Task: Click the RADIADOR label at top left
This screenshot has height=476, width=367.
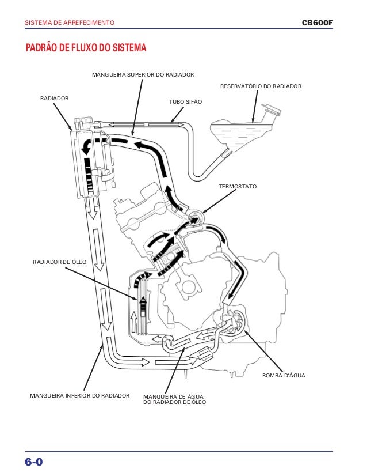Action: click(54, 99)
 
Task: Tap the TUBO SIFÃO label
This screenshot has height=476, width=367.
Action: click(185, 101)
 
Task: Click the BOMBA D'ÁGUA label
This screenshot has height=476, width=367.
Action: click(283, 376)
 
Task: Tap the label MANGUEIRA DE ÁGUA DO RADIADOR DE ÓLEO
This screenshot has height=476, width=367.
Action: click(173, 399)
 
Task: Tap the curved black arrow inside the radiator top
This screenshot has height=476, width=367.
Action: click(88, 145)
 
